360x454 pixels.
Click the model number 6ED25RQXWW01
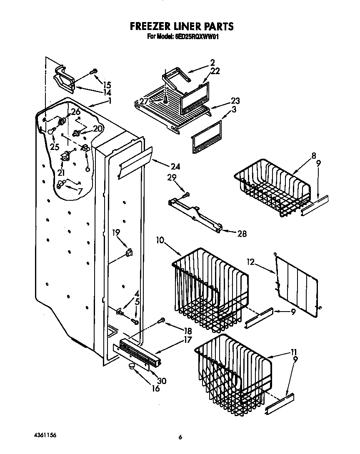(195, 37)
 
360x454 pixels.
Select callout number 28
(241, 234)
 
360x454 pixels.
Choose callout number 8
(313, 156)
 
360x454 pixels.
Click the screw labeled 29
(186, 194)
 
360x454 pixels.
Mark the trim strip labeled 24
(134, 162)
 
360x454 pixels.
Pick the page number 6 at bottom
(180, 437)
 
